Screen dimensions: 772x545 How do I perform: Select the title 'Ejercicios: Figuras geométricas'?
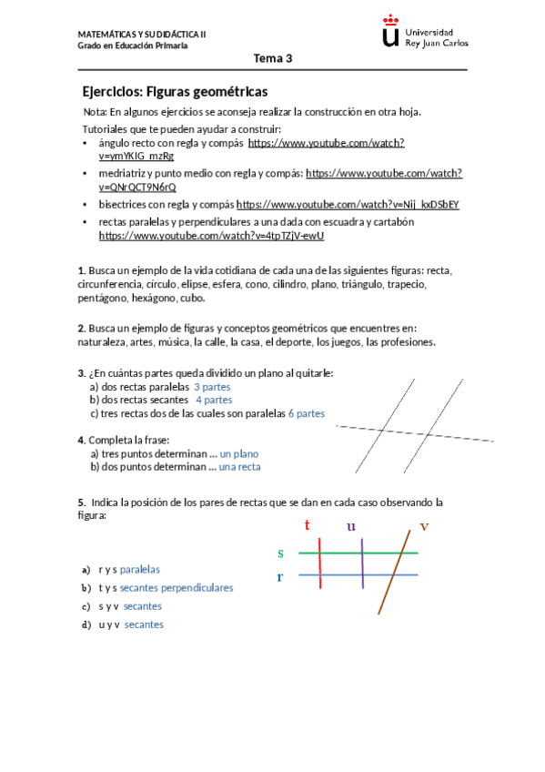click(174, 92)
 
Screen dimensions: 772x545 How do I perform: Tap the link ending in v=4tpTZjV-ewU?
click(211, 235)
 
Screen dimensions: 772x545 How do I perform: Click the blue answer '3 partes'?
click(212, 386)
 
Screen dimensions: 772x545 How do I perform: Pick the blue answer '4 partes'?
click(214, 399)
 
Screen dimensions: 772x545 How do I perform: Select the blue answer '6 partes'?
click(306, 412)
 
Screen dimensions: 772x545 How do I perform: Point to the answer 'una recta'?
click(239, 466)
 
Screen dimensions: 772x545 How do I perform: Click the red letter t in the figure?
click(308, 525)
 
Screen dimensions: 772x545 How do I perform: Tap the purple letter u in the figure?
click(351, 526)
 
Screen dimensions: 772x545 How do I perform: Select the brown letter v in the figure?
click(424, 527)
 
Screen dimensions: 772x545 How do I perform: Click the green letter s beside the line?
click(280, 553)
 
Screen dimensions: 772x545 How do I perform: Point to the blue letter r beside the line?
click(280, 577)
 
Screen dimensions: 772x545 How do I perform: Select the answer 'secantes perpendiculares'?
click(176, 587)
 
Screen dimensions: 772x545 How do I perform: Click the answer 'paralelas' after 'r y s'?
click(140, 569)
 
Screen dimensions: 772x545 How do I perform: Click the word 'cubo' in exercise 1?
click(192, 298)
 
